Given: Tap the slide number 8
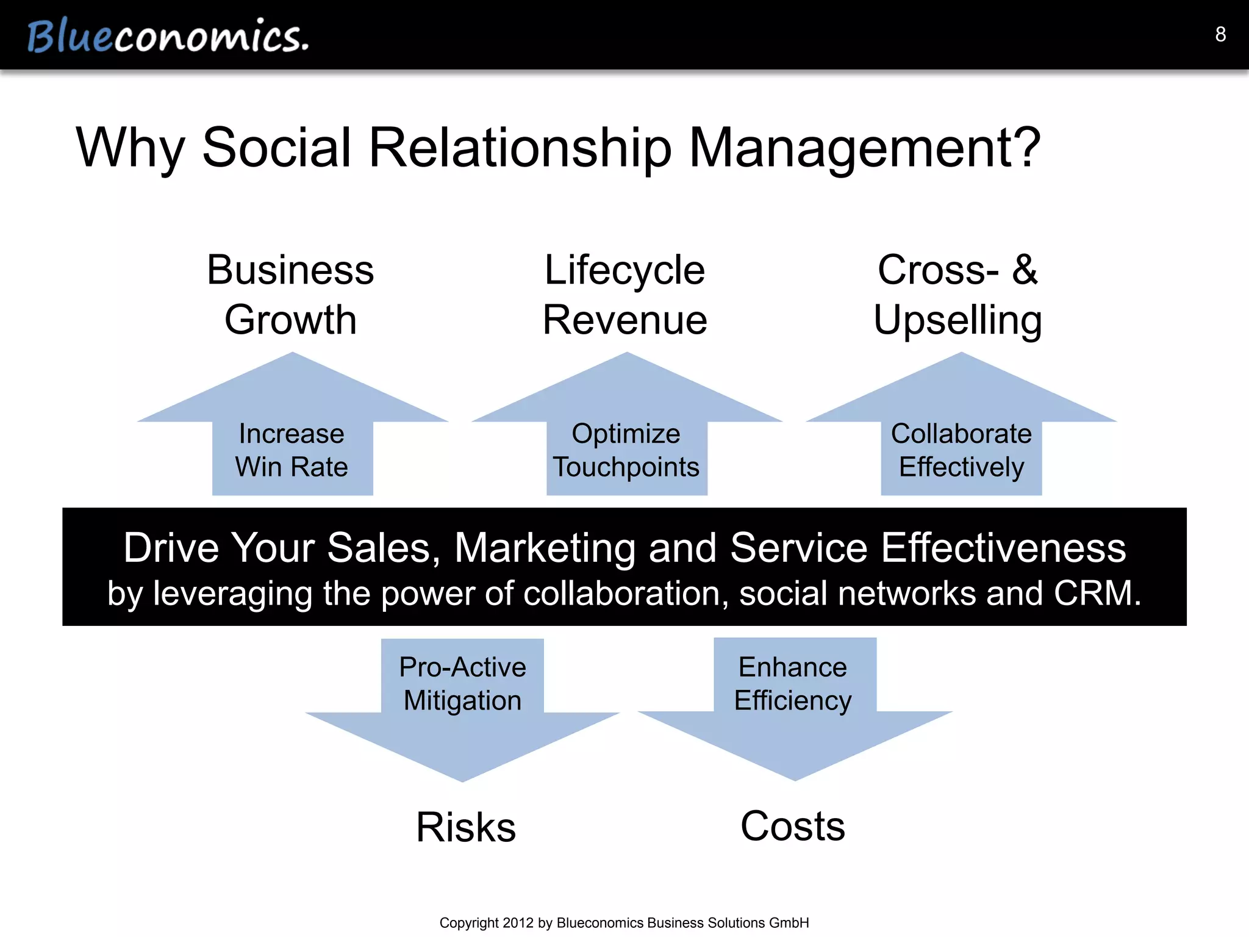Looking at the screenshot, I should (x=1220, y=34).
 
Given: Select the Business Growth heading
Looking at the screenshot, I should (x=290, y=295).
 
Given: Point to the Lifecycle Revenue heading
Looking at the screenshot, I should (x=625, y=295).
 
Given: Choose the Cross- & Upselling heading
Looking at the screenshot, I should (x=958, y=295).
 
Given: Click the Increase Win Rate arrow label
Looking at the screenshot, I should (x=292, y=450).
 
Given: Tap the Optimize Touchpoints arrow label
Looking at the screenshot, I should (x=626, y=450).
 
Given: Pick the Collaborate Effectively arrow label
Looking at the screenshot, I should (x=961, y=450).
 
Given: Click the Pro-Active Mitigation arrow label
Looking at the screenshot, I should (x=462, y=684).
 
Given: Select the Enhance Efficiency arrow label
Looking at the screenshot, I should (x=793, y=684).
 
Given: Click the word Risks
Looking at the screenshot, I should (x=466, y=828).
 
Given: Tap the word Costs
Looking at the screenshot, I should (x=793, y=827).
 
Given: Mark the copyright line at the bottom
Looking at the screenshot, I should (x=624, y=923).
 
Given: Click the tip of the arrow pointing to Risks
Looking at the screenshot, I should (x=462, y=780).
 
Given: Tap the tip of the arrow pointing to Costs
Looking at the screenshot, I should (x=795, y=778).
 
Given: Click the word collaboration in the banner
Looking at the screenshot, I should (x=624, y=593).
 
